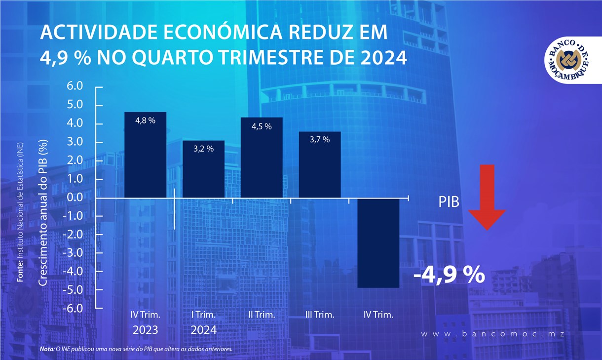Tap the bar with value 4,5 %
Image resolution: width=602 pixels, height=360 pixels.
click(x=262, y=158)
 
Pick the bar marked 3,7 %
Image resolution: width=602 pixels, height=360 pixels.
click(x=320, y=165)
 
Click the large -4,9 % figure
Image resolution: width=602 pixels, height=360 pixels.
click(x=449, y=275)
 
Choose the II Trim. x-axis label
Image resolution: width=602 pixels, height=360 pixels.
click(x=262, y=315)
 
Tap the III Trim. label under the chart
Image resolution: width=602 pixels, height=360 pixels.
click(x=320, y=315)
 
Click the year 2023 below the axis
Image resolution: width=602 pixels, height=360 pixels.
click(x=145, y=329)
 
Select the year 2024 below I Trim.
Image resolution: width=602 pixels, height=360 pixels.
click(x=203, y=329)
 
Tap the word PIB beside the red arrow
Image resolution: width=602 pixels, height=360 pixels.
click(x=449, y=202)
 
